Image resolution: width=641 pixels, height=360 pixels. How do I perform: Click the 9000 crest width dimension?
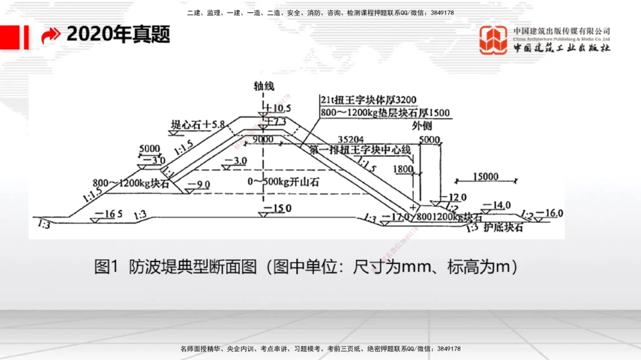(x=262, y=140)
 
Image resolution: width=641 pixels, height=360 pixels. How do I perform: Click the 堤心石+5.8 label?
(x=198, y=124)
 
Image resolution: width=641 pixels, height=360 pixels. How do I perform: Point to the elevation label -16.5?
(x=108, y=214)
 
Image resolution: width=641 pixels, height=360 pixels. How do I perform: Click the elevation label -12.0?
(x=453, y=197)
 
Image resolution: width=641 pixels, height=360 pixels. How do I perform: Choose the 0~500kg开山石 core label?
(x=283, y=182)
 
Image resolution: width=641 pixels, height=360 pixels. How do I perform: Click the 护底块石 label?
(x=504, y=227)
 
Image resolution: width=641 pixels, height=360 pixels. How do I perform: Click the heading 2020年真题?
(x=119, y=35)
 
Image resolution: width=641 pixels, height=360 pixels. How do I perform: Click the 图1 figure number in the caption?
(x=108, y=267)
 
